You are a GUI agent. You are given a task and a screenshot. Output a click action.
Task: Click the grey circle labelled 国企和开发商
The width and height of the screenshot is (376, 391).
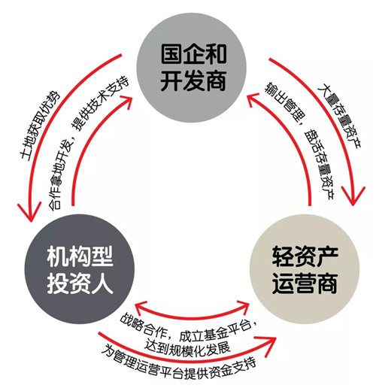tap(191, 68)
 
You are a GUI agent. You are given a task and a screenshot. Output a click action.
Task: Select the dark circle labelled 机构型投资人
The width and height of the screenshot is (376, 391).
tap(80, 269)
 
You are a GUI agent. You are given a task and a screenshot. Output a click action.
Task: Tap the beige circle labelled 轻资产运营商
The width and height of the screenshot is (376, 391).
tap(305, 269)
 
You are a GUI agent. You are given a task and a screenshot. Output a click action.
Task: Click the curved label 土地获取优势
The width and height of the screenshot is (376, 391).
tap(40, 126)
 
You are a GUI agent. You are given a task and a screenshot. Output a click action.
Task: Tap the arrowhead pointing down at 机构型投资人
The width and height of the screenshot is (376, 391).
tap(29, 213)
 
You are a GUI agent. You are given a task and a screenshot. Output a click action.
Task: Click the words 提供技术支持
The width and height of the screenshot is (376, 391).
tap(101, 103)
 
